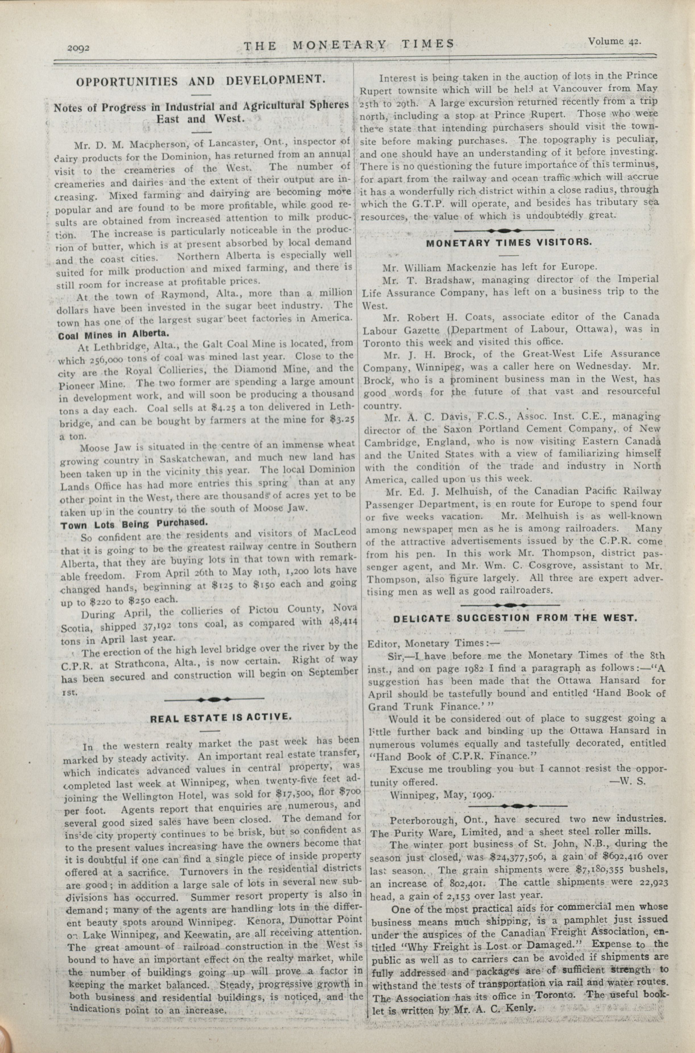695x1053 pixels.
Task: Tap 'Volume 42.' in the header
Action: click(x=615, y=41)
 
